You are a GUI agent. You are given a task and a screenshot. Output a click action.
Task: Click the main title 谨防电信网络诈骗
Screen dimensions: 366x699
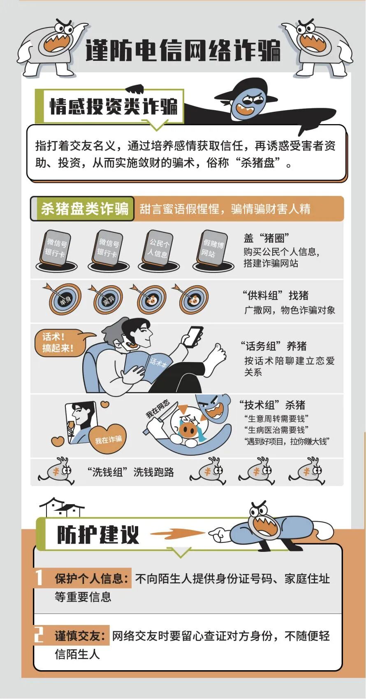pyautogui.click(x=183, y=50)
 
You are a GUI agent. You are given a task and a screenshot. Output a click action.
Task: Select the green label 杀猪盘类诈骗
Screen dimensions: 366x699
pyautogui.click(x=85, y=208)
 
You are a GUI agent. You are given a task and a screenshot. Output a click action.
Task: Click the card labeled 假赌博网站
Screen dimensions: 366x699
pyautogui.click(x=213, y=249)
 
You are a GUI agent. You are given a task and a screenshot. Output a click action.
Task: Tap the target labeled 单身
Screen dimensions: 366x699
pyautogui.click(x=65, y=300)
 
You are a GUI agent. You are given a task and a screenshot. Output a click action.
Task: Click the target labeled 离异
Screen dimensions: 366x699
pyautogui.click(x=108, y=300)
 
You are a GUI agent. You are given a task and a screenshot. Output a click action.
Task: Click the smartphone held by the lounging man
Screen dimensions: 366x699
pyautogui.click(x=192, y=337)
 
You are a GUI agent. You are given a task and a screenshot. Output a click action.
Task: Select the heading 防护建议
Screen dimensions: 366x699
pyautogui.click(x=98, y=535)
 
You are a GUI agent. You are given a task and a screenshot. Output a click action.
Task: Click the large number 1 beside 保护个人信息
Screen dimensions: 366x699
pyautogui.click(x=39, y=578)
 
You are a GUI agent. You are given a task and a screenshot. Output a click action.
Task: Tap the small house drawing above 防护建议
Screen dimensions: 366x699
pyautogui.click(x=62, y=507)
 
